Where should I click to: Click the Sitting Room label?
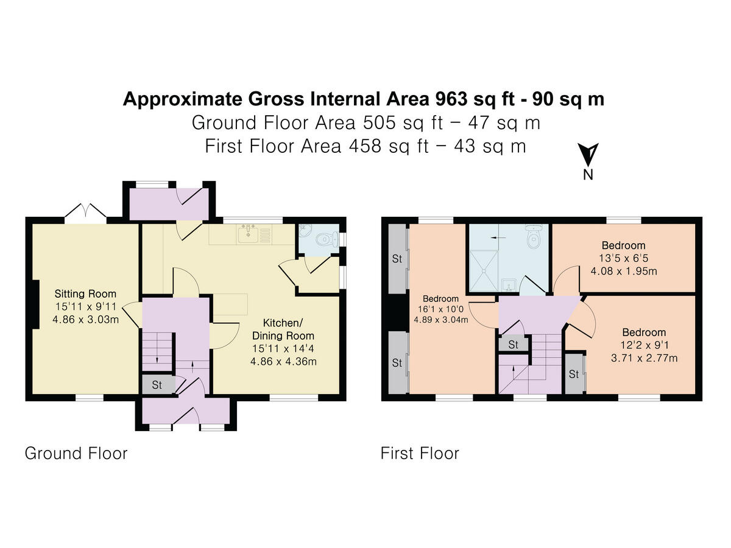click(85, 294)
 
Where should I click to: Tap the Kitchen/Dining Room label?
click(283, 329)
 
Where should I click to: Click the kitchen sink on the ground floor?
click(248, 234)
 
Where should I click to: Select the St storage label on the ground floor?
click(157, 385)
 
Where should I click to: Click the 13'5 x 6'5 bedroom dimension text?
click(623, 258)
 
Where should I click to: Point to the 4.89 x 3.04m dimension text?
click(441, 320)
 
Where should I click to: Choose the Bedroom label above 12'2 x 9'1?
click(644, 332)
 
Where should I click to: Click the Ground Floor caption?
click(76, 454)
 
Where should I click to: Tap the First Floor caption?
click(420, 454)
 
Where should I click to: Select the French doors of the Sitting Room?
click(86, 212)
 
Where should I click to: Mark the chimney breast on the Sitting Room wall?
click(35, 305)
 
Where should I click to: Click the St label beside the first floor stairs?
click(513, 345)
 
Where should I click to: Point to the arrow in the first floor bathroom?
click(498, 237)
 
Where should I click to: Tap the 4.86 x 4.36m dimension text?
click(283, 362)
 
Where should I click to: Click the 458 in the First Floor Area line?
click(365, 146)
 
